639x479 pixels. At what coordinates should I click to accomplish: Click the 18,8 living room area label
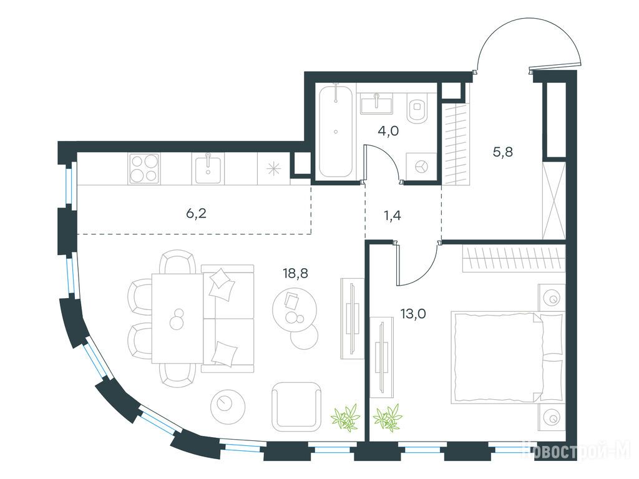[295, 273]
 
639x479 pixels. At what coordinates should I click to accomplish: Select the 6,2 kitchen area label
[197, 213]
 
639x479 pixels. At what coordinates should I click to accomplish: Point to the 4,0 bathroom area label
[388, 131]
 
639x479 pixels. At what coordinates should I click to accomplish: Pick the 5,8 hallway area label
[503, 152]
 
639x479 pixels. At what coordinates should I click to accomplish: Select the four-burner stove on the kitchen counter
[144, 168]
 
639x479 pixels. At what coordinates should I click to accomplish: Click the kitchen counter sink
[208, 168]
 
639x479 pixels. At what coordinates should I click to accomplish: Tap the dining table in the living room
[177, 319]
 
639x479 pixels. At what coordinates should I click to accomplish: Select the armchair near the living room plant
[296, 407]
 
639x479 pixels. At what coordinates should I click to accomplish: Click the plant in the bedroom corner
[387, 417]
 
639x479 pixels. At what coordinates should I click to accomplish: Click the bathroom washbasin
[376, 104]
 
